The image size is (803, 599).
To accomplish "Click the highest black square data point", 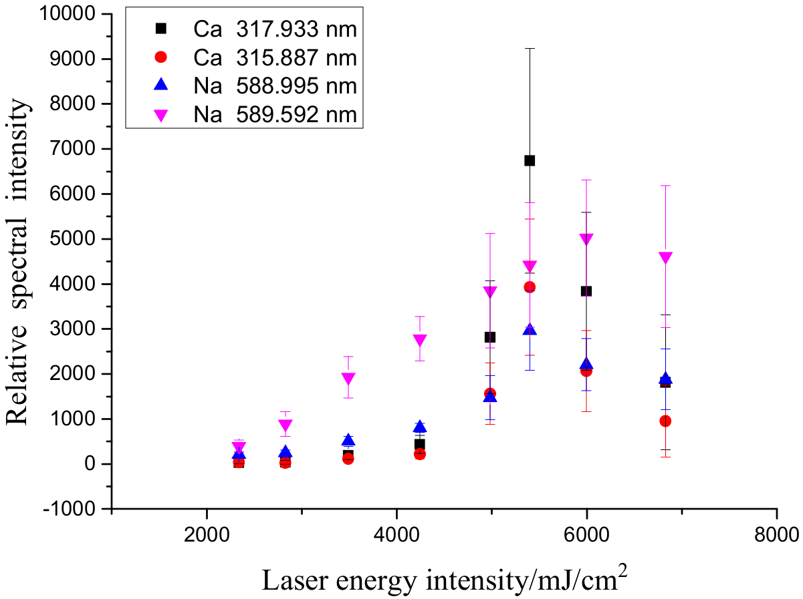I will pyautogui.click(x=530, y=160).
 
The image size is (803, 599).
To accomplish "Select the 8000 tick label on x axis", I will pyautogui.click(x=776, y=534).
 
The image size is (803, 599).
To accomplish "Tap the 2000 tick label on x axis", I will pyautogui.click(x=207, y=534).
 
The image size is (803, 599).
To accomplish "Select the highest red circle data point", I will pyautogui.click(x=530, y=287).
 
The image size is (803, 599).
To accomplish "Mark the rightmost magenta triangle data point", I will pyautogui.click(x=665, y=257).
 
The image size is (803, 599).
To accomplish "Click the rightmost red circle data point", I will pyautogui.click(x=665, y=421).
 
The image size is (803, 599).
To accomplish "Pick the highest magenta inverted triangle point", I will pyautogui.click(x=586, y=239).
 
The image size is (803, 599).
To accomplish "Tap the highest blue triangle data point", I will pyautogui.click(x=530, y=329).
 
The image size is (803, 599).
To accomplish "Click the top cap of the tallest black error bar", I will pyautogui.click(x=530, y=48).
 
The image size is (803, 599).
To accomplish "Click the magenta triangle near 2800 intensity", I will pyautogui.click(x=420, y=340).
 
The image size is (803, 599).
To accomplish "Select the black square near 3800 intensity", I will pyautogui.click(x=586, y=291).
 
